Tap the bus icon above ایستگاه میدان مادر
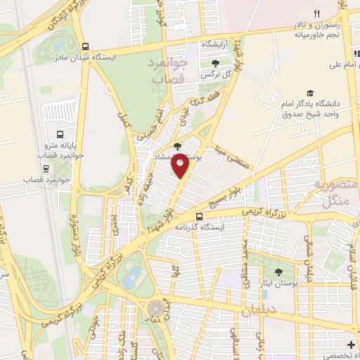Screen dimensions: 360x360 [85, 42]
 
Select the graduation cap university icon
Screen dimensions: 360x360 [310, 93]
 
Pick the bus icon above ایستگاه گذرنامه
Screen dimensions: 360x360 [200, 216]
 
